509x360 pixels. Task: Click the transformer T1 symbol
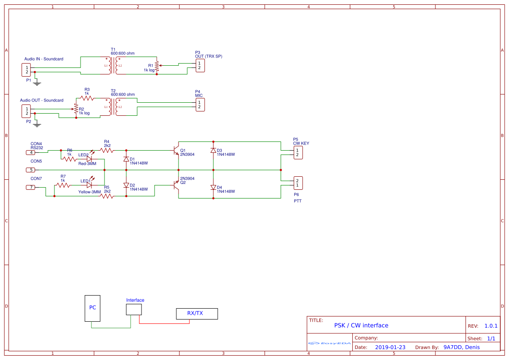point(113,65)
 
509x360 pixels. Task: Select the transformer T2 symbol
point(113,107)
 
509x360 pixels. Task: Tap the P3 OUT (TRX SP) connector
point(199,65)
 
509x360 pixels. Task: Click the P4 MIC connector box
point(199,104)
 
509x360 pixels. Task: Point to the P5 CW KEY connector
point(297,152)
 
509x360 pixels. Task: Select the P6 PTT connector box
point(297,183)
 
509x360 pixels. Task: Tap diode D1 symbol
point(126,159)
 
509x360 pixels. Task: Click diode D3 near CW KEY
point(213,151)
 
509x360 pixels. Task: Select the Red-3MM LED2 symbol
point(89,159)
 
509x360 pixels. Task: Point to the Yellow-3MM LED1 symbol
point(89,185)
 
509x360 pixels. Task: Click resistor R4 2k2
point(107,150)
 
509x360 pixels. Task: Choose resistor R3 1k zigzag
point(87,99)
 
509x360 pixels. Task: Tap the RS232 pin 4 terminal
point(31,152)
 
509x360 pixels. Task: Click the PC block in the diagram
point(92,308)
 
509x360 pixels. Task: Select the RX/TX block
point(196,313)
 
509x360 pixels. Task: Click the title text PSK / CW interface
point(361,325)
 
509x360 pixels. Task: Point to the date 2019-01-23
point(390,347)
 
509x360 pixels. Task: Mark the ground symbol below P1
point(37,81)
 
